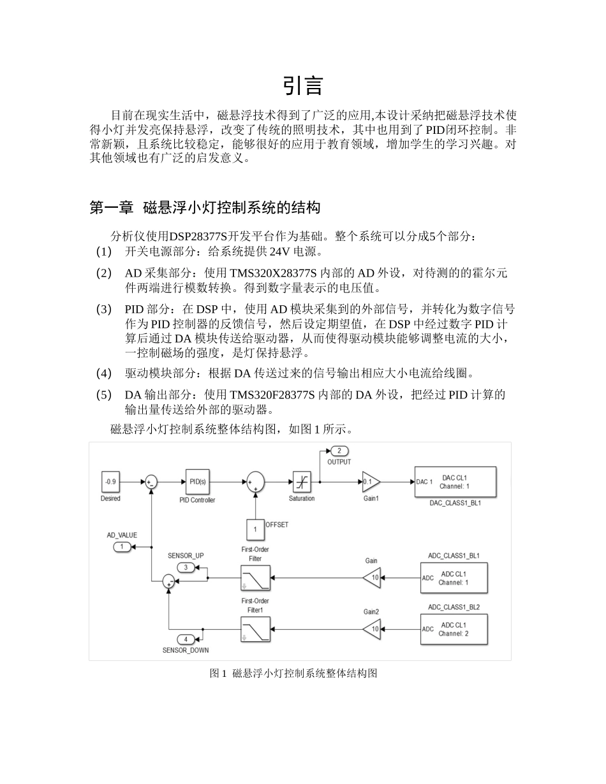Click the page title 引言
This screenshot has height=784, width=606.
(x=303, y=85)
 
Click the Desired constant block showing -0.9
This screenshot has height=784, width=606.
(x=110, y=482)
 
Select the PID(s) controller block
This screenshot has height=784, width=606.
(x=197, y=481)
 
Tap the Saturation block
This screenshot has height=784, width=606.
(x=301, y=482)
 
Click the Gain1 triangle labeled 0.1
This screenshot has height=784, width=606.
(x=371, y=482)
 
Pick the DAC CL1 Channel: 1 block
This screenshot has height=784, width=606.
(x=455, y=482)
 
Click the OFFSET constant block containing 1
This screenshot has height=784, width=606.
(x=255, y=529)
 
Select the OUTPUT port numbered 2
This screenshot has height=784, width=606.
(x=338, y=451)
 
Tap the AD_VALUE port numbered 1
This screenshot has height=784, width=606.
(x=122, y=547)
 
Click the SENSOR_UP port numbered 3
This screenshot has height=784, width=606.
(x=186, y=567)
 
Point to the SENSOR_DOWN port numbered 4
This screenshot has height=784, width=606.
(x=186, y=639)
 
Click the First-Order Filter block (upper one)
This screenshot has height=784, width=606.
(x=255, y=577)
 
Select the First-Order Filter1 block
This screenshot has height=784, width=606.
(x=255, y=629)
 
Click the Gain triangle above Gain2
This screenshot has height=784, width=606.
(x=371, y=578)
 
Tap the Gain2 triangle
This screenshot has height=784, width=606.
(x=371, y=629)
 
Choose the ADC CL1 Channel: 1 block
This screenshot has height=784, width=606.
(x=454, y=578)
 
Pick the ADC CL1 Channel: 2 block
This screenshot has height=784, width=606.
(x=454, y=629)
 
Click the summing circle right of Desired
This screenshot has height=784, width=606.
(x=151, y=482)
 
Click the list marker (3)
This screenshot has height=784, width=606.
(x=104, y=309)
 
